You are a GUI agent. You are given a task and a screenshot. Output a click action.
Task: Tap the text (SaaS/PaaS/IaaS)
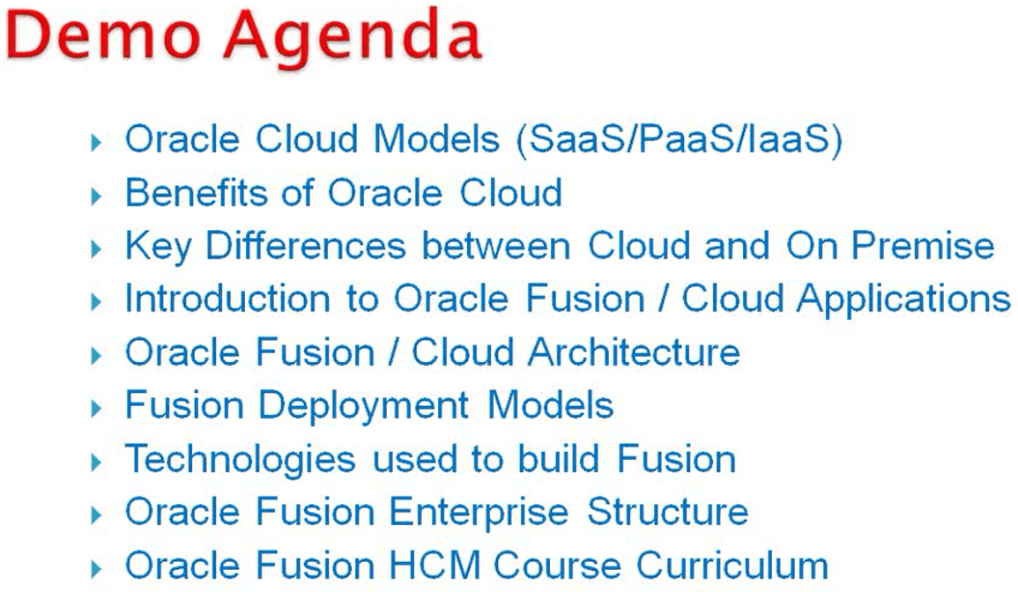679,139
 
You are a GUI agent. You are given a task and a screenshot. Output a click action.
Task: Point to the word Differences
306,246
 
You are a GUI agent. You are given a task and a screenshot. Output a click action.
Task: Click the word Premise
923,246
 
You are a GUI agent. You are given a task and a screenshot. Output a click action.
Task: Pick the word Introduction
227,299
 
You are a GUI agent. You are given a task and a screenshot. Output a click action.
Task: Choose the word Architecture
634,351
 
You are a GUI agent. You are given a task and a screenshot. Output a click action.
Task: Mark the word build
558,458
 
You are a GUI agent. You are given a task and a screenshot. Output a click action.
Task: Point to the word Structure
668,512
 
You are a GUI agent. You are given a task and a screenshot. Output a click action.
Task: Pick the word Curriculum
732,565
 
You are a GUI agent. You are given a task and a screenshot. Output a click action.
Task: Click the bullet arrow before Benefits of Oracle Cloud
97,196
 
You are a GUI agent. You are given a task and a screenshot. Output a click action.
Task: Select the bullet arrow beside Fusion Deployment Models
97,408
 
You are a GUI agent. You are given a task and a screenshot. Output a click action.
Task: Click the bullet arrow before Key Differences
97,248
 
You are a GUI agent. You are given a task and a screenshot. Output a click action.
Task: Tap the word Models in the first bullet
436,139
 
